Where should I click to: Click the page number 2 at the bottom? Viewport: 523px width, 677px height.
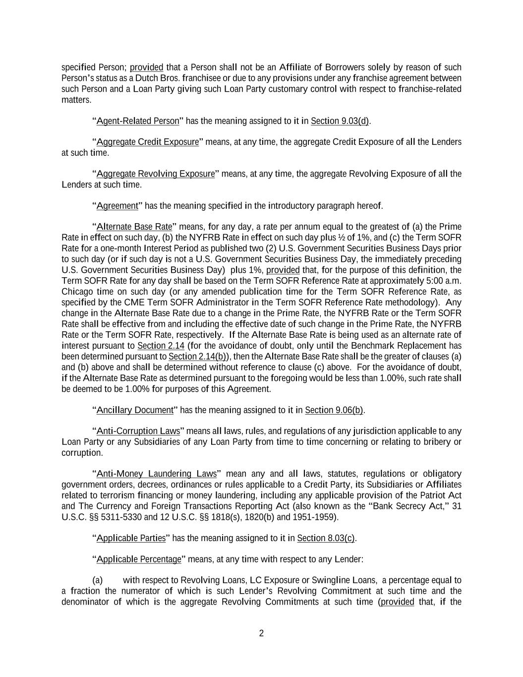(x=261, y=633)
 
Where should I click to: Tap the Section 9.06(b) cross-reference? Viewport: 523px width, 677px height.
(x=334, y=410)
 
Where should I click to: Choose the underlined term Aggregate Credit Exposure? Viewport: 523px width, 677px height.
(x=148, y=142)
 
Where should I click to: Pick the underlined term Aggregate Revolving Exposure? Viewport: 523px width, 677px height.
(x=156, y=174)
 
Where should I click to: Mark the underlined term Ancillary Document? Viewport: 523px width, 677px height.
(x=135, y=410)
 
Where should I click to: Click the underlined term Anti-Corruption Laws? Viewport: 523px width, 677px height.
(x=138, y=431)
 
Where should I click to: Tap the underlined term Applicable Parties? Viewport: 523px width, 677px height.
(x=131, y=539)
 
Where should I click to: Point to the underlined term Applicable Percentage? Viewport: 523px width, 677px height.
(x=139, y=559)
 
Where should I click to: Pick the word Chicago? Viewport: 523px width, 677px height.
(x=76, y=292)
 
